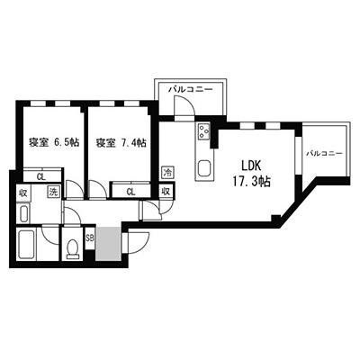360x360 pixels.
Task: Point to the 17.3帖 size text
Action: (x=251, y=181)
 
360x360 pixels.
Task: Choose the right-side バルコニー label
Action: (x=324, y=154)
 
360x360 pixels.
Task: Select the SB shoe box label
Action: (x=90, y=238)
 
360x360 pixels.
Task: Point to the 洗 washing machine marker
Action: (x=53, y=192)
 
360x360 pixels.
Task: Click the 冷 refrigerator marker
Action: (x=167, y=172)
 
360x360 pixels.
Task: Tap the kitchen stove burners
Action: (x=202, y=135)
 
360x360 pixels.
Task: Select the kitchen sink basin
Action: (x=203, y=166)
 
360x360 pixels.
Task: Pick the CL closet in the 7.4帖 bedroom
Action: (x=131, y=190)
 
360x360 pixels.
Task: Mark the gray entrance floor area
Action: (x=108, y=243)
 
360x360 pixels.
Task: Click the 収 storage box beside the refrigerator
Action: (x=167, y=191)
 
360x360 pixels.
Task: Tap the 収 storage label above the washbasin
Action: (x=23, y=192)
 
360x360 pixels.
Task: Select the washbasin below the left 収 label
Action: (x=24, y=213)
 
